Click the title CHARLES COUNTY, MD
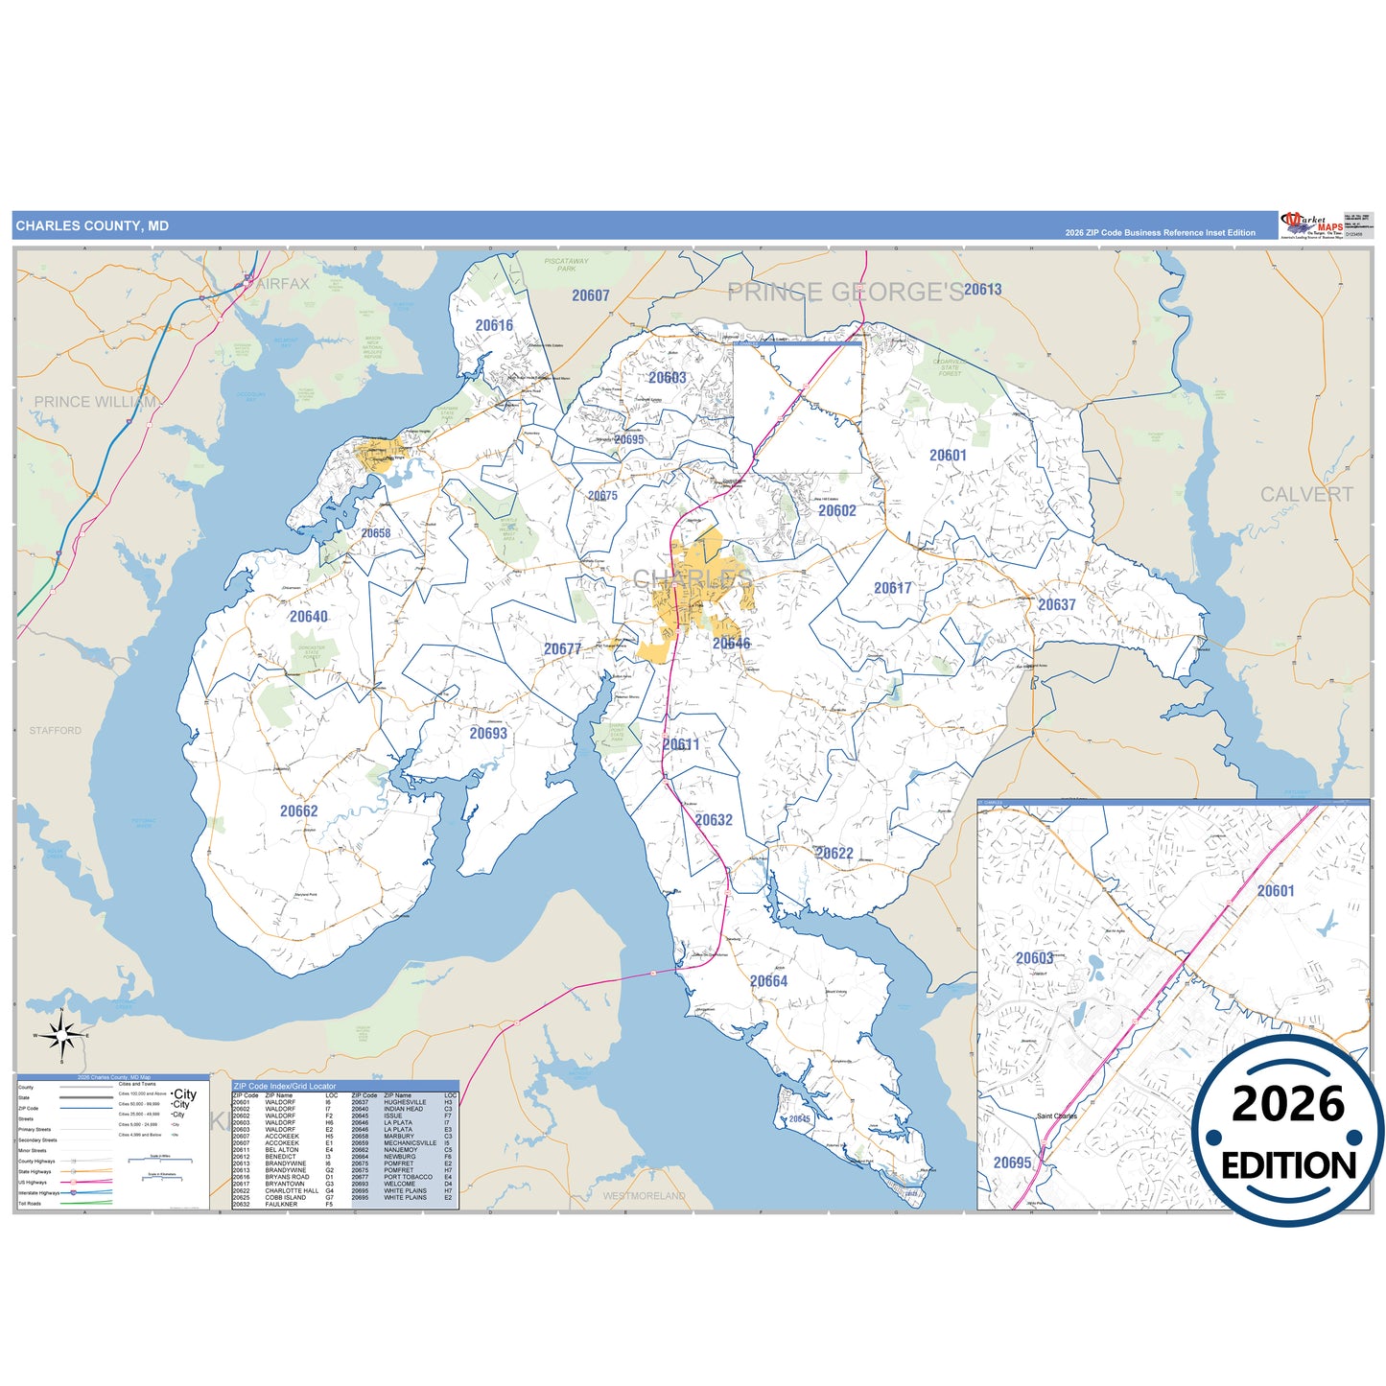click(x=92, y=226)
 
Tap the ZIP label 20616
click(x=494, y=325)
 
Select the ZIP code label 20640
click(x=308, y=617)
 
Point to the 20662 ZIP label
click(x=298, y=811)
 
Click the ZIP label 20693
click(x=488, y=734)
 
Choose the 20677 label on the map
click(x=562, y=649)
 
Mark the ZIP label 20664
click(x=768, y=981)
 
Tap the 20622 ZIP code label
click(x=834, y=854)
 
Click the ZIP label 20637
click(x=1056, y=605)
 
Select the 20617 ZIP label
click(x=892, y=588)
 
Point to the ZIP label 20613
click(x=982, y=290)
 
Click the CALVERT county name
click(x=1305, y=495)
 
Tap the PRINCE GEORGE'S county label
click(x=845, y=293)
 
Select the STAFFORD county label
click(x=55, y=731)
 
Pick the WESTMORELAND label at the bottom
click(x=644, y=1196)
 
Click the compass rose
click(x=61, y=1036)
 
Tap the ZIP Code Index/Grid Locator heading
click(x=285, y=1086)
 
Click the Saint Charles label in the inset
click(x=1056, y=1116)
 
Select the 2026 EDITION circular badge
click(x=1287, y=1132)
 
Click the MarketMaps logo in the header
click(x=1311, y=224)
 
